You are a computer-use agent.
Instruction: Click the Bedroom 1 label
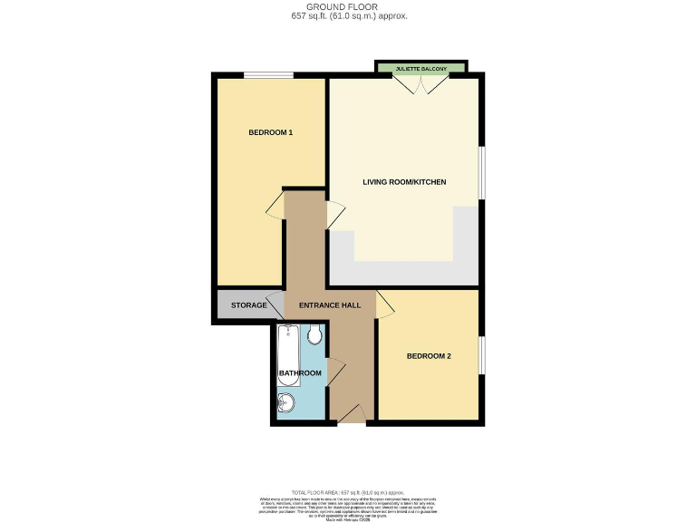(x=270, y=133)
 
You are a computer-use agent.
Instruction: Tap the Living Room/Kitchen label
(x=404, y=182)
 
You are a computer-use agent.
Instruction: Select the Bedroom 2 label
(x=429, y=356)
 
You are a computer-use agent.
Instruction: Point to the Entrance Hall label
(x=329, y=305)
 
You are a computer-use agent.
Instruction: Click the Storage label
(x=248, y=305)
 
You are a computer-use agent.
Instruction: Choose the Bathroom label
(x=299, y=373)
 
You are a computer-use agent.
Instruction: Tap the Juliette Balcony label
(x=420, y=68)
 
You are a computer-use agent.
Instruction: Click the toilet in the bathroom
(x=314, y=337)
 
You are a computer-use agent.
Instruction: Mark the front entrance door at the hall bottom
(x=351, y=413)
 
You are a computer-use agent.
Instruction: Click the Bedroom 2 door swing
(x=384, y=306)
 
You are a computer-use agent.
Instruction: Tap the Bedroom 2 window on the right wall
(x=481, y=354)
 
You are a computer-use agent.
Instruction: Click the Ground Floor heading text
(x=347, y=6)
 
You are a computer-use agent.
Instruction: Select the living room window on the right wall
(x=481, y=172)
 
